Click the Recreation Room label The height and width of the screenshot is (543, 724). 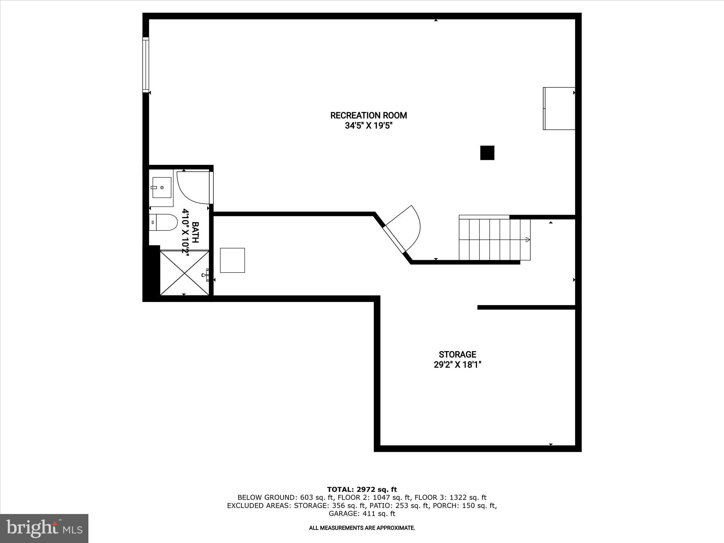coord(368,116)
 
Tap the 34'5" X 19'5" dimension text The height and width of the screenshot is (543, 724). coord(368,126)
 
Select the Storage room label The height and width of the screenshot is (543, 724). coord(457,355)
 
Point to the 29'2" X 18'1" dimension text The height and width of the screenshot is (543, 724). coord(457,365)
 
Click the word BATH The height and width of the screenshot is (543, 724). coord(195,232)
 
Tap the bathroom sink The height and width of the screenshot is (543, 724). coord(162,187)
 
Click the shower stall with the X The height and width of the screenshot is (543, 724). coord(184,273)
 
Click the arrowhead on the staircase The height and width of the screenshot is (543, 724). coord(527,240)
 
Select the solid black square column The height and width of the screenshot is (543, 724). coord(487,153)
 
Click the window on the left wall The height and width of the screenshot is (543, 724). coord(146,65)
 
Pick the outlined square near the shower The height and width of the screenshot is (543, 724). coord(232,260)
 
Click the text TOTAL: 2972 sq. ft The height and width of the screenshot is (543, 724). coord(362,490)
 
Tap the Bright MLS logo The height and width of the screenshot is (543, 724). coord(44,529)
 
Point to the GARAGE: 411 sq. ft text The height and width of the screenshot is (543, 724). coord(362,514)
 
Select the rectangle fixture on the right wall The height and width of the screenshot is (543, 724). coord(559,109)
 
